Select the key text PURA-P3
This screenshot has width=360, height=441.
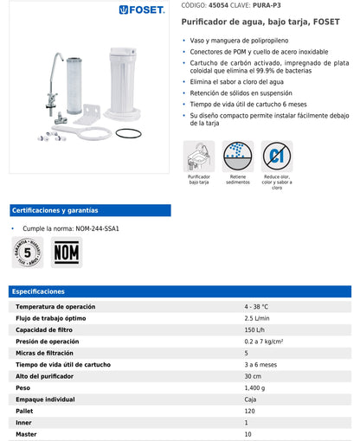tap(278, 5)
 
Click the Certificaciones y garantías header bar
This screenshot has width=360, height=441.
tap(90, 210)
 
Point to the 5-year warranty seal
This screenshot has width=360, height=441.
tap(28, 252)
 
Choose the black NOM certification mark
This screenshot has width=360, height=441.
tap(67, 253)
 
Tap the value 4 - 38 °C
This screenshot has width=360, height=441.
tap(257, 307)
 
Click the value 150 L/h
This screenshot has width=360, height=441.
tap(255, 329)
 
